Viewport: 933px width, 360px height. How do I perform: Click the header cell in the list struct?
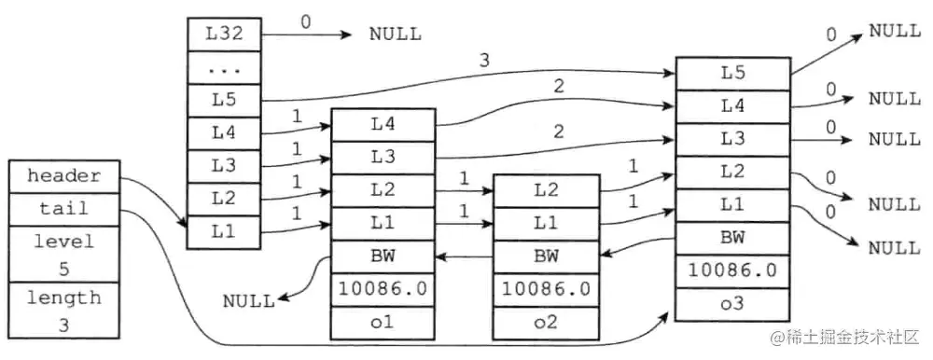pos(63,175)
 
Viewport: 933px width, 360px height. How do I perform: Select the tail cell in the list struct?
pos(63,208)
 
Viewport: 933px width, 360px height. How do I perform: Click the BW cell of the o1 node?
pos(383,255)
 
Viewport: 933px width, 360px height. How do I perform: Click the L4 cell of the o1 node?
pos(383,124)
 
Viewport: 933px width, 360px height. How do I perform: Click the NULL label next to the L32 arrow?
pos(395,35)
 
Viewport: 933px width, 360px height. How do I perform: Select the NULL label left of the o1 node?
pos(248,300)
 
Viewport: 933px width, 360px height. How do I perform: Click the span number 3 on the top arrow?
pos(483,60)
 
